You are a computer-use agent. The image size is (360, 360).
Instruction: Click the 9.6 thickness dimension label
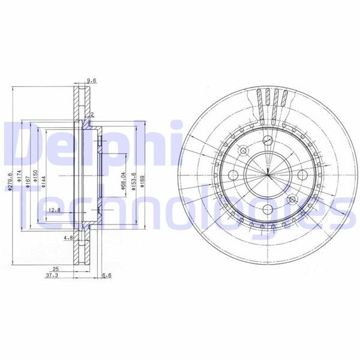tap(92, 80)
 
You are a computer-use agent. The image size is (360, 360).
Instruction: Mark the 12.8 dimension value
tap(55, 209)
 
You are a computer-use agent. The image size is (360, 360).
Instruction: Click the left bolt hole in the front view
tap(234, 175)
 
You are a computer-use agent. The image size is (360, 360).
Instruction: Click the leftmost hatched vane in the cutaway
tap(260, 102)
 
